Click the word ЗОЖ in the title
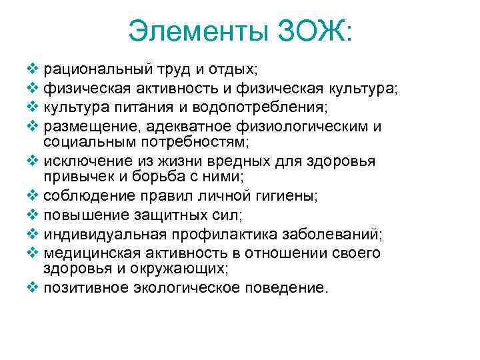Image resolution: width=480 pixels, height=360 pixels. (x=307, y=31)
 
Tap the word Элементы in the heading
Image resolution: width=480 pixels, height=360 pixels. (x=197, y=31)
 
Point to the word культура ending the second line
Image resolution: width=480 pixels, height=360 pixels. (x=361, y=88)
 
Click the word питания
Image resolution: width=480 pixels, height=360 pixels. (x=137, y=107)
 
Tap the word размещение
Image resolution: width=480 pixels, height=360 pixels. (x=83, y=127)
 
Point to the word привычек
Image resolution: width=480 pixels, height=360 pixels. (x=72, y=177)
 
